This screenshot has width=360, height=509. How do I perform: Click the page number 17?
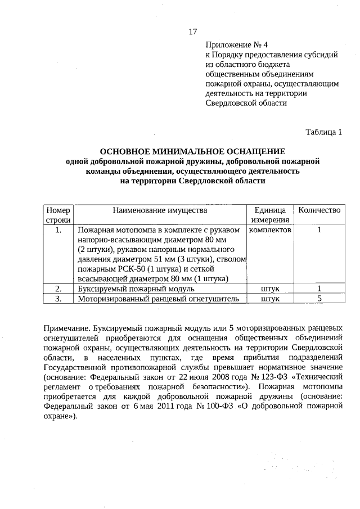point(192,31)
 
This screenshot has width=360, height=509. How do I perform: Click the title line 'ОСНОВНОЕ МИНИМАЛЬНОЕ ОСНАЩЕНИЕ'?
point(192,152)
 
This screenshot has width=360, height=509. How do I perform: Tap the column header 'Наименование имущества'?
point(160,210)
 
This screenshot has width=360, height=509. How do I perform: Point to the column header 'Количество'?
point(319,210)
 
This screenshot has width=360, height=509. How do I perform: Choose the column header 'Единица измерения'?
point(270,215)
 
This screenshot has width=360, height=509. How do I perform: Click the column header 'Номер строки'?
point(58,215)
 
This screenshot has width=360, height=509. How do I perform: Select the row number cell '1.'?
point(58,230)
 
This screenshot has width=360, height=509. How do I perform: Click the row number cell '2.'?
point(58,289)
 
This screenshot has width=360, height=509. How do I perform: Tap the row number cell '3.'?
point(58,299)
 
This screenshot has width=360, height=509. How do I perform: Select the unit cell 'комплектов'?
point(270,230)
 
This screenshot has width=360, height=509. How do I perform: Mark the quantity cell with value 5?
point(319,299)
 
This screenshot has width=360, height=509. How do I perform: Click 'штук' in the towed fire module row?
point(271,289)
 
